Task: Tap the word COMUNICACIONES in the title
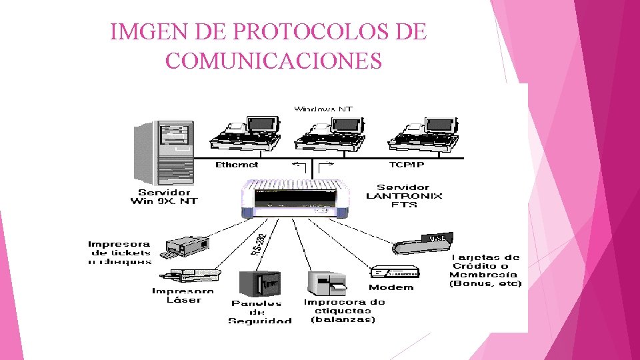(273, 61)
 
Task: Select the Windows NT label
(323, 109)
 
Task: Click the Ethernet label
(236, 164)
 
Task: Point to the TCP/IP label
(406, 164)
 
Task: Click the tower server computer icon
(164, 151)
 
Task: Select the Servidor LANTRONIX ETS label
(404, 196)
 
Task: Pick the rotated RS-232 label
(261, 243)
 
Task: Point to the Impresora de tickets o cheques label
(120, 253)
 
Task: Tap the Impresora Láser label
(183, 295)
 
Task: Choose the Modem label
(391, 287)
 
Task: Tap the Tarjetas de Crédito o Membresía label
(485, 270)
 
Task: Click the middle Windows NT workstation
(330, 133)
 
